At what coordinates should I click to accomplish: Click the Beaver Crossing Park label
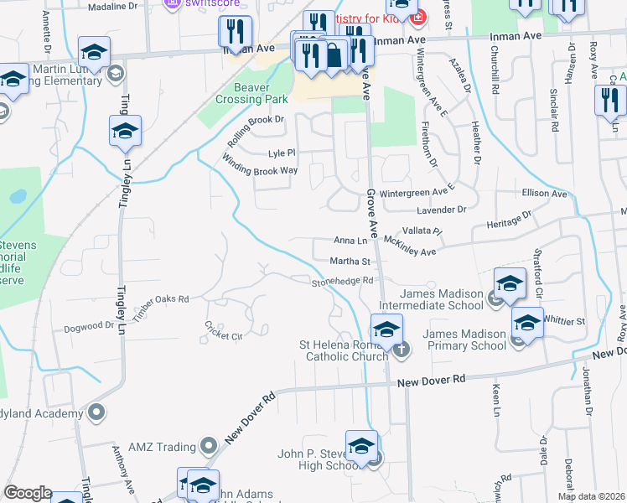click(244, 92)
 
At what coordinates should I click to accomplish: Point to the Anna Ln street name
click(350, 240)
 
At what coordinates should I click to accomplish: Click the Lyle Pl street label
click(282, 153)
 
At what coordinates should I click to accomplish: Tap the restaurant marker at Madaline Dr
click(235, 32)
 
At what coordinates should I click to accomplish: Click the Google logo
click(28, 493)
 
